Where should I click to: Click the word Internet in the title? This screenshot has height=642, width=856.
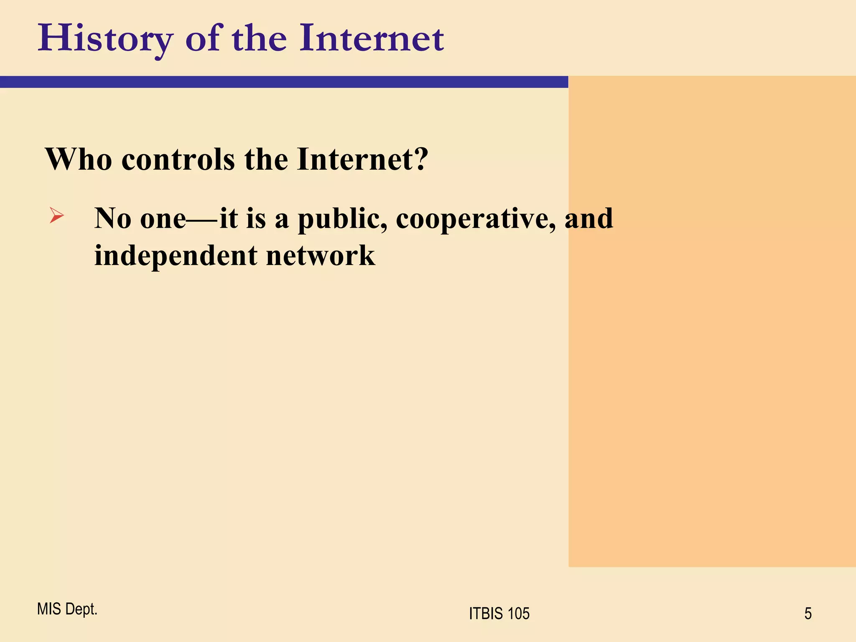tap(371, 39)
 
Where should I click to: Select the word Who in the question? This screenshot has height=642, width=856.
tap(79, 159)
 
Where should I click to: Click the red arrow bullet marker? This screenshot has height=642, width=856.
tap(56, 216)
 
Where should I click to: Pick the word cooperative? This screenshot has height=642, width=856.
tap(476, 219)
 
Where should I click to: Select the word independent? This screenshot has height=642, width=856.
tap(176, 255)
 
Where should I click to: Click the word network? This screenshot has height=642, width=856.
tap(321, 255)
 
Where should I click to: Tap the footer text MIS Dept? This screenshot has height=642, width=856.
tap(67, 609)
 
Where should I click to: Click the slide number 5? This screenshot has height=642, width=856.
tap(808, 614)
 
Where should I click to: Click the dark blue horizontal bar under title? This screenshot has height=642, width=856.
tap(284, 82)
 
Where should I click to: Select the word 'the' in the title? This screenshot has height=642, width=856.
tap(259, 39)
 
